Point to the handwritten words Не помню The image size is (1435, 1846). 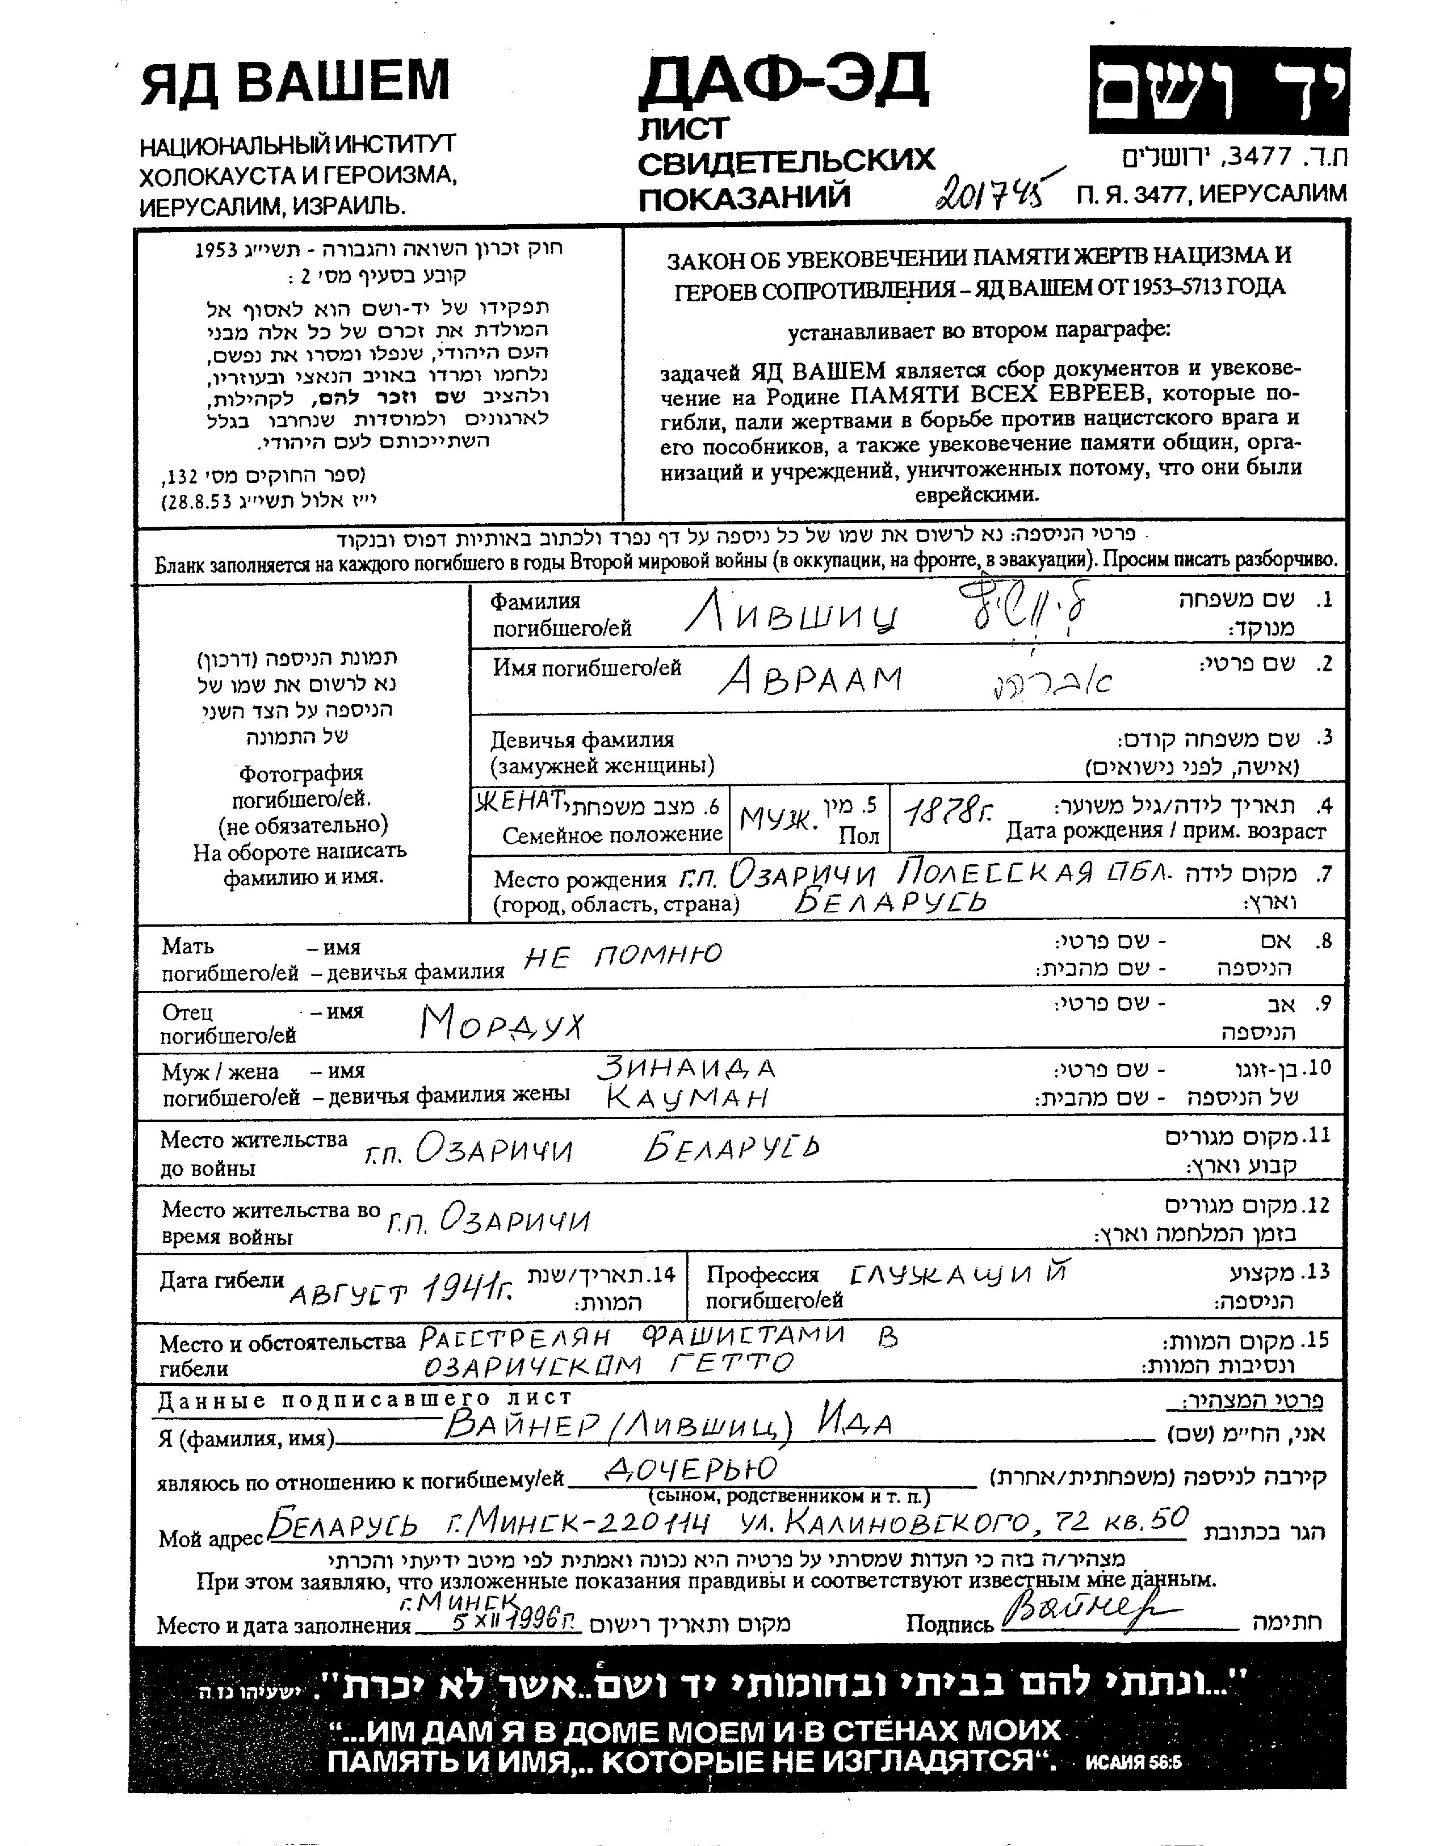[x=623, y=956]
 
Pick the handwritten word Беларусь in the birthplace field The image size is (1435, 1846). [x=891, y=903]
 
